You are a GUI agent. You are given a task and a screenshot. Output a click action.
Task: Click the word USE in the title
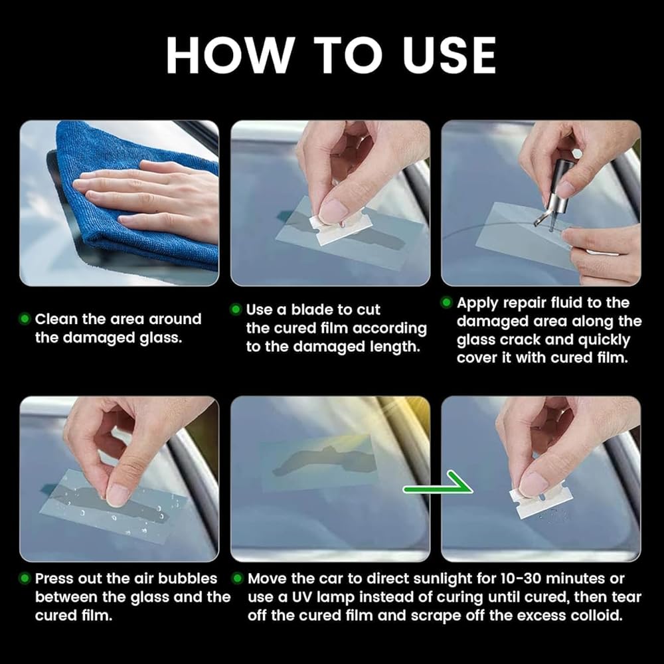(450, 56)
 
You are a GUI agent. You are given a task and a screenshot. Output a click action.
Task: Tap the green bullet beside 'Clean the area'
(25, 319)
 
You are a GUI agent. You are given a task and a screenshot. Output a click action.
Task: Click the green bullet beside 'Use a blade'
(236, 309)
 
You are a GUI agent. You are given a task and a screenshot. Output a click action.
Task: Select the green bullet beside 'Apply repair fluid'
(446, 302)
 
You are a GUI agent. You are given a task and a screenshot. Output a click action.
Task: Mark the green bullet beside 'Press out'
(25, 578)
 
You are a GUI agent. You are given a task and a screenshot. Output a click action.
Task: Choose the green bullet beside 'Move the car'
(238, 578)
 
